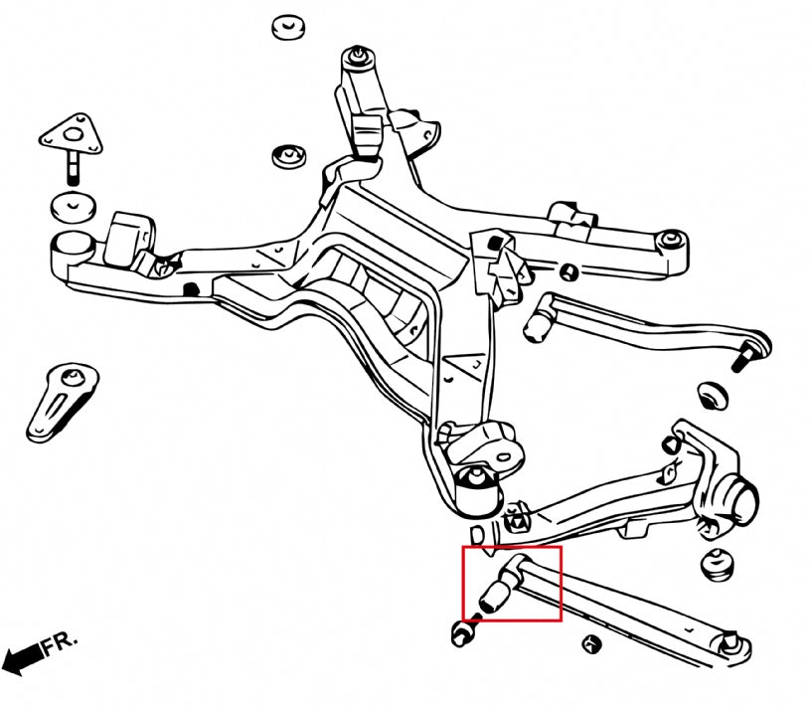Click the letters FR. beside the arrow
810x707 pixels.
(60, 647)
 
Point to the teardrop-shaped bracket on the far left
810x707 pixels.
(64, 400)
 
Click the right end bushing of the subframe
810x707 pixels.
(673, 241)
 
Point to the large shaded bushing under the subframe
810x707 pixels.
(482, 489)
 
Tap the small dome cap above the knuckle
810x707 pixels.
(713, 394)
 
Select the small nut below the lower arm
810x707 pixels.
(593, 643)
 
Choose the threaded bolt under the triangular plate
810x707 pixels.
(75, 167)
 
